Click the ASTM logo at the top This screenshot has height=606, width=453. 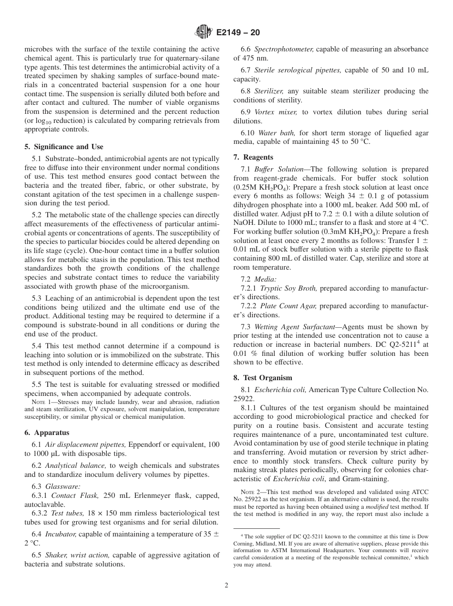point(203,32)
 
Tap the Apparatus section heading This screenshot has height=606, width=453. point(47,433)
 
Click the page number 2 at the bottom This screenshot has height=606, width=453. point(226,586)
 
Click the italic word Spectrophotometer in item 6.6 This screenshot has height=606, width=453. point(284,49)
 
